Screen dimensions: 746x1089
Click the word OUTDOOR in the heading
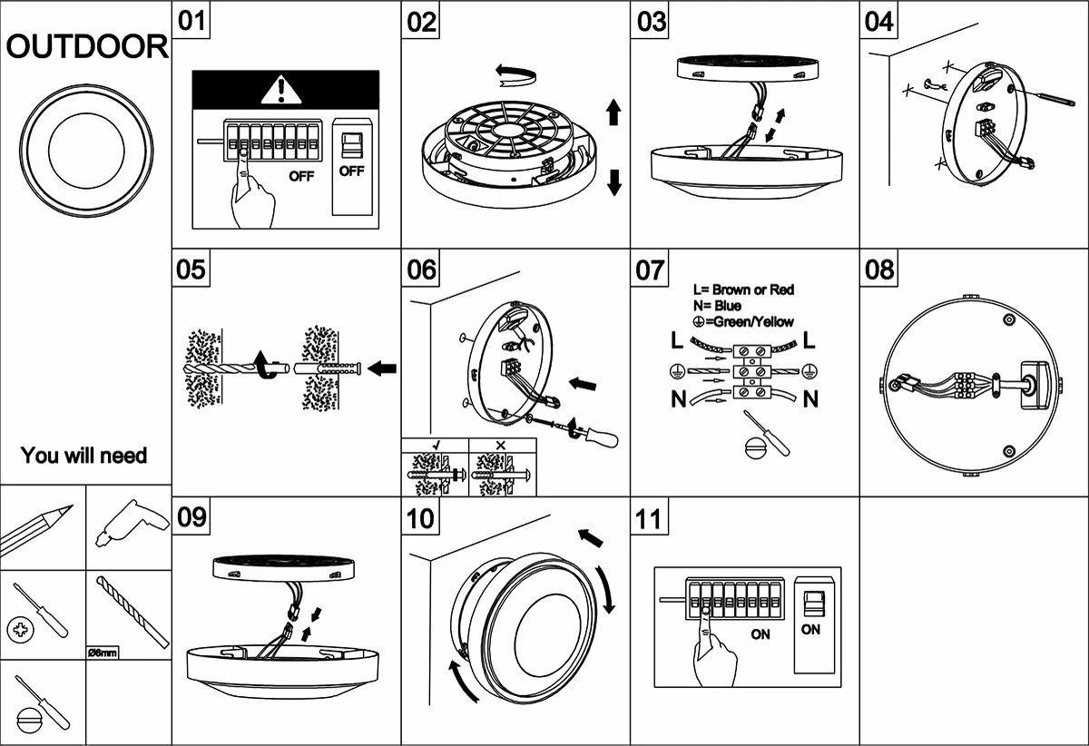click(87, 48)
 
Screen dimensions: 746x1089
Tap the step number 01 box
click(191, 21)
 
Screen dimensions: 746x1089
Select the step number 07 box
click(651, 270)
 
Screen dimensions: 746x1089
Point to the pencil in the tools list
click(38, 528)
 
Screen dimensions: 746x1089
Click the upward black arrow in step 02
click(613, 113)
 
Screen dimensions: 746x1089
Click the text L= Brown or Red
click(742, 290)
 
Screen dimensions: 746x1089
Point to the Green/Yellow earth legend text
click(742, 321)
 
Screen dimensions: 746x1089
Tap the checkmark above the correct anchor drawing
click(436, 446)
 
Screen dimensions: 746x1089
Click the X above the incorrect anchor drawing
click(502, 446)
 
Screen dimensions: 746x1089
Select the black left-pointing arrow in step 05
click(384, 368)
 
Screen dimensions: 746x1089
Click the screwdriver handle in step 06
click(601, 438)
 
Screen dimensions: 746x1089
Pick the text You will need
click(83, 455)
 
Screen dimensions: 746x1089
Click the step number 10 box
click(421, 519)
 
